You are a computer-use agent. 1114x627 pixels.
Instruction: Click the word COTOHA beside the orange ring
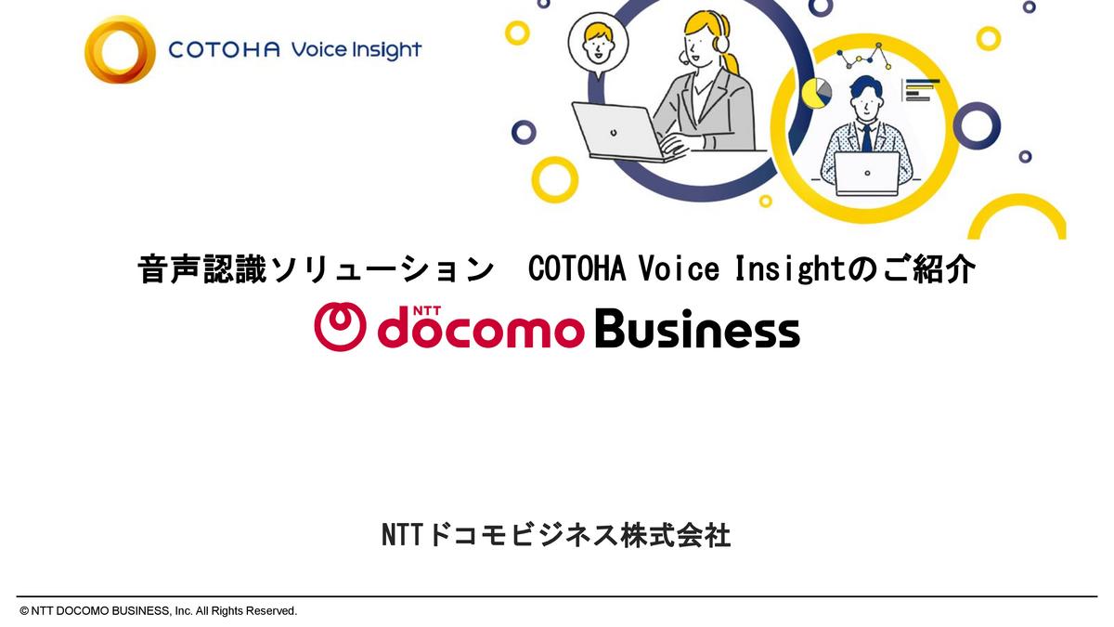pos(224,50)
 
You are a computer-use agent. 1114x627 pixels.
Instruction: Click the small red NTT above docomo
pos(427,311)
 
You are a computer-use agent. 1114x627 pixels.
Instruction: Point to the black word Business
pos(697,328)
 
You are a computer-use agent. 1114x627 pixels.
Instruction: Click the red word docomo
pos(481,331)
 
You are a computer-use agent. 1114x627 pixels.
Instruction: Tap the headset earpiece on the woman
pos(721,44)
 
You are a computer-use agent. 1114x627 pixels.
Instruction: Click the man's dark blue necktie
pos(866,138)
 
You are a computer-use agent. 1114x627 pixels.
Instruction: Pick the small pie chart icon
pos(816,93)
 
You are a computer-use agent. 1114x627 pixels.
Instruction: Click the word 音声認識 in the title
pos(202,269)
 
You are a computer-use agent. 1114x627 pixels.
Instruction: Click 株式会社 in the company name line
pos(676,535)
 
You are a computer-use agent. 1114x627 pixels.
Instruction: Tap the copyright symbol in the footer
pos(24,611)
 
